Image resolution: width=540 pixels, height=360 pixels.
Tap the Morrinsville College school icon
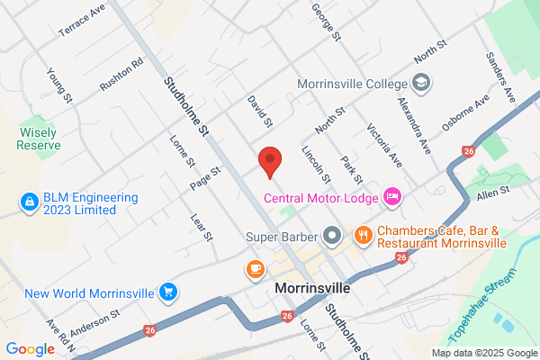pos(424,84)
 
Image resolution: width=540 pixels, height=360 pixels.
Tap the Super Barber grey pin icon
pos(332,237)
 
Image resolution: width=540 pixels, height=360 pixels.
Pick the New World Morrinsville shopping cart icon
pos(166,292)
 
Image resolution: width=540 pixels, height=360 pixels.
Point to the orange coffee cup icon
pos(256,268)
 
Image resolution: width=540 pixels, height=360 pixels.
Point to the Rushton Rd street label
pos(121,76)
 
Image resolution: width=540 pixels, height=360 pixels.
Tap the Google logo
pos(30,348)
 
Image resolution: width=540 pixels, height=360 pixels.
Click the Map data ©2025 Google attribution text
pos(482,352)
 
